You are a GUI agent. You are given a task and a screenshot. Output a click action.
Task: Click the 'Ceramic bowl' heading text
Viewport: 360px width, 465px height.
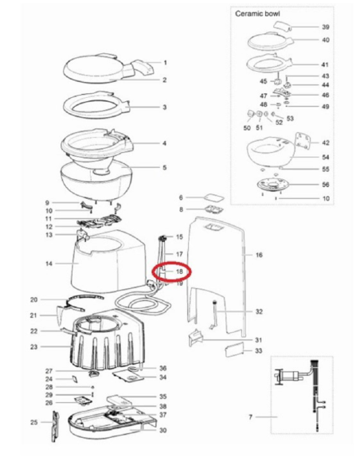(257, 14)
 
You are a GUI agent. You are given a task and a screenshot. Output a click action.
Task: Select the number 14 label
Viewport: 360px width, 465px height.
(49, 263)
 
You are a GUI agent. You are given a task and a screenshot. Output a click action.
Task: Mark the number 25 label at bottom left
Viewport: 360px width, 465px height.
(33, 421)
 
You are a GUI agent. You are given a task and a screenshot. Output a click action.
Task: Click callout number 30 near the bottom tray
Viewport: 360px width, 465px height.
(162, 431)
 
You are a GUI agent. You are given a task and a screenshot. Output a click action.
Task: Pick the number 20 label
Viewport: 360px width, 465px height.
(33, 300)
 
